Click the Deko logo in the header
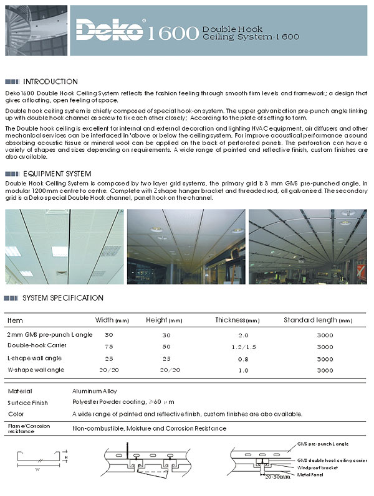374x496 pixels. pyautogui.click(x=111, y=29)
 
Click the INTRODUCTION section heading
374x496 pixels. pyautogui.click(x=50, y=82)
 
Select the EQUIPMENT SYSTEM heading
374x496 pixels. pyautogui.click(x=57, y=174)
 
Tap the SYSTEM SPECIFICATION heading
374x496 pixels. pyautogui.click(x=62, y=298)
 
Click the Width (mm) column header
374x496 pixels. pyautogui.click(x=112, y=321)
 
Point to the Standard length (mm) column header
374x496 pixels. pyautogui.click(x=318, y=321)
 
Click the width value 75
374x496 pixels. pyautogui.click(x=108, y=346)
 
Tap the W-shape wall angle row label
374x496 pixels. pyautogui.click(x=36, y=370)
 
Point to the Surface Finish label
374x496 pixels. pyautogui.click(x=28, y=403)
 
